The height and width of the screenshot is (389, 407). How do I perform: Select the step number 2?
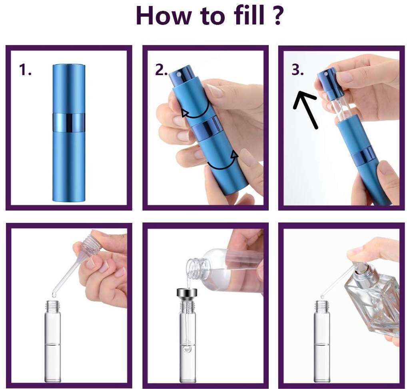[x=161, y=70]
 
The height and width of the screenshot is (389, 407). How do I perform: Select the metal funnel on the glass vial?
[x=187, y=295]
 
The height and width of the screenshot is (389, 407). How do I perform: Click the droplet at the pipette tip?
[x=54, y=295]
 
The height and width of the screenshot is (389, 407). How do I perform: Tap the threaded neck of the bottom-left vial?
[x=53, y=306]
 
